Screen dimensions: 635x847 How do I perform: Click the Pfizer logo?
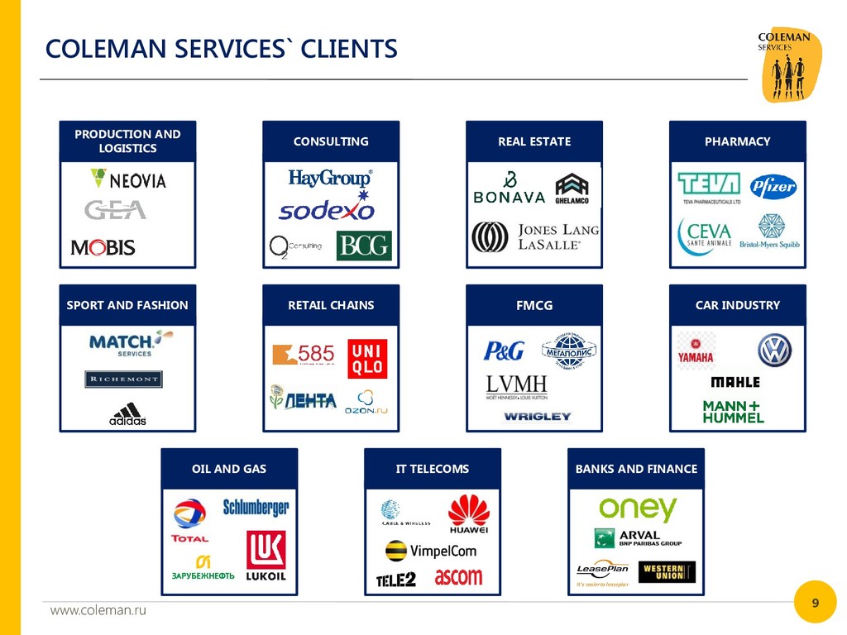(x=773, y=187)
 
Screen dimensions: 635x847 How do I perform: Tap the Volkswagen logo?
(x=774, y=351)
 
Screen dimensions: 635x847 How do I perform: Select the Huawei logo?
(x=469, y=513)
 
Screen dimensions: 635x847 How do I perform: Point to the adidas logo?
(x=127, y=413)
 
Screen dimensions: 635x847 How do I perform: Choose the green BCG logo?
(x=363, y=246)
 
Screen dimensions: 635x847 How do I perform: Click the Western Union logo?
(x=667, y=572)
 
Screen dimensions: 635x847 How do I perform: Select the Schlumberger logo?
(x=256, y=507)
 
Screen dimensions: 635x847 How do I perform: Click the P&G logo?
(x=505, y=351)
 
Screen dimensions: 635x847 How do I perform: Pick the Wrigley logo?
(x=538, y=417)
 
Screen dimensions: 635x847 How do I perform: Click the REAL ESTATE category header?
(x=534, y=141)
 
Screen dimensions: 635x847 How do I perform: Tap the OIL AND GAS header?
(x=229, y=469)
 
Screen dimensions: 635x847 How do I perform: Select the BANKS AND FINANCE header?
(x=636, y=469)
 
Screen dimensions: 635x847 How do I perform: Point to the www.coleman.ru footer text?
(x=98, y=610)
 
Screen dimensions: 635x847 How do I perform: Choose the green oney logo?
(x=638, y=508)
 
